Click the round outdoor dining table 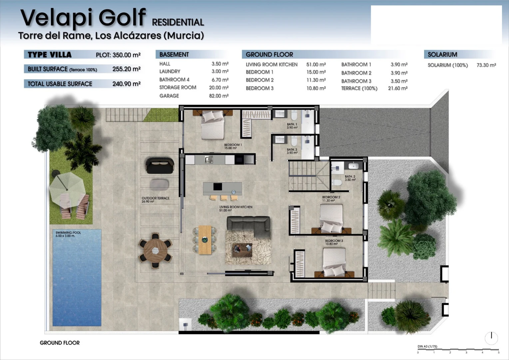click(156, 251)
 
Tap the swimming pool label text click(68, 234)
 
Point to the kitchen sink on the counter click(209, 159)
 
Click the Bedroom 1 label click(233, 146)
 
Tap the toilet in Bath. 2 click(337, 182)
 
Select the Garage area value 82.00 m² click(219, 96)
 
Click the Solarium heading click(442, 55)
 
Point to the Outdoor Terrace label click(156, 200)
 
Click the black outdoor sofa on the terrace click(160, 165)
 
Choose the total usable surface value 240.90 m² click(126, 84)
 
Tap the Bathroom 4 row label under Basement click(174, 80)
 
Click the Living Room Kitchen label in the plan click(236, 209)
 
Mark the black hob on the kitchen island click(218, 186)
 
